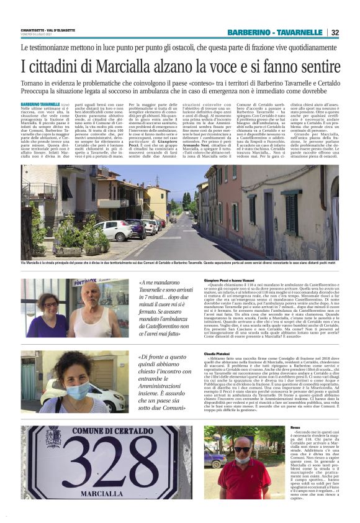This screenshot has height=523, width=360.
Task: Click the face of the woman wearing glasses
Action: [51, 306]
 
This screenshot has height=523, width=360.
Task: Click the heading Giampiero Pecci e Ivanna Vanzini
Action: [223, 281]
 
